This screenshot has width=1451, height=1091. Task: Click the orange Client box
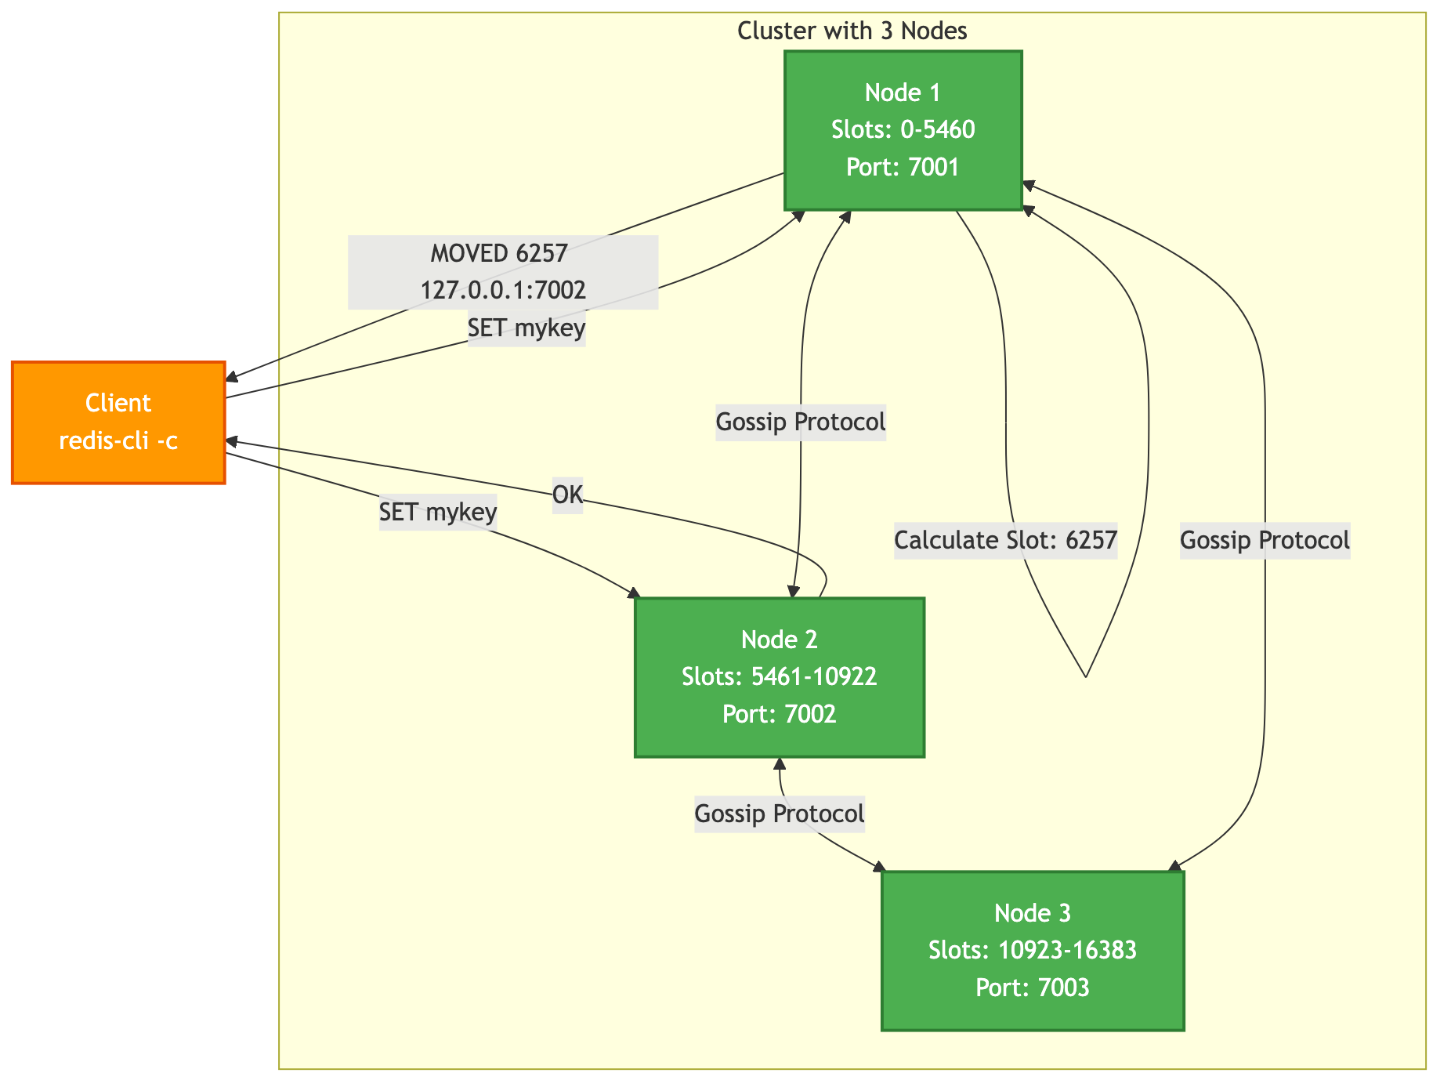[118, 422]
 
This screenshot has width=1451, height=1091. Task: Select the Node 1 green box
[903, 130]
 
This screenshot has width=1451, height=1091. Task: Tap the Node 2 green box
[779, 677]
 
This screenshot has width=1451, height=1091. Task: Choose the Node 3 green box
[1032, 950]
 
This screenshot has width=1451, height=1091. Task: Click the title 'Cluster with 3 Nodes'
[852, 31]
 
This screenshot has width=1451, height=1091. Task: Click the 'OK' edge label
[567, 495]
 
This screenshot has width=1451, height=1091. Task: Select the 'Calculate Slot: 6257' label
[1005, 541]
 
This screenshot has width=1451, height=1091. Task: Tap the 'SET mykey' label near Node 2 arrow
[438, 513]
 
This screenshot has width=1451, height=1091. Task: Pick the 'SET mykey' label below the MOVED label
[526, 328]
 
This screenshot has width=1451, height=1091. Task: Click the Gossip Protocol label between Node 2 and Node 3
[780, 814]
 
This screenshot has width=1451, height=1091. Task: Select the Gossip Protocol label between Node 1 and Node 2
[801, 422]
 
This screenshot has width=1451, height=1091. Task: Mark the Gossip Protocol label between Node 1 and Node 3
[1265, 541]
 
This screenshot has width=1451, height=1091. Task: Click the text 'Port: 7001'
[903, 168]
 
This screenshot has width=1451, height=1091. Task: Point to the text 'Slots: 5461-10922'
[779, 676]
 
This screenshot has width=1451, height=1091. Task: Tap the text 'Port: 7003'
[1032, 988]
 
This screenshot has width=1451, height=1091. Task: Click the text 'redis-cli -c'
[118, 441]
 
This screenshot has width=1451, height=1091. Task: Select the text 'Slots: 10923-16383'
[1032, 951]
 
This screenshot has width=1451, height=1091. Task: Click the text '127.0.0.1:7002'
[503, 291]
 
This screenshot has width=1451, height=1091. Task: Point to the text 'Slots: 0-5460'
[903, 130]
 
